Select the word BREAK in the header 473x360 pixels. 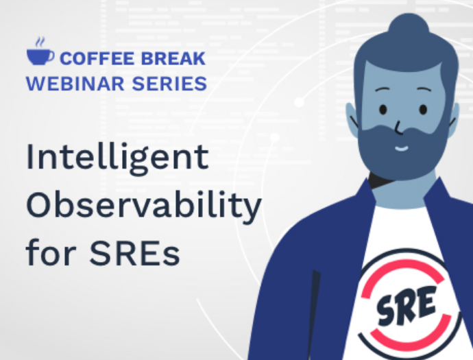tap(173, 58)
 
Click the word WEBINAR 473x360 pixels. tap(75, 84)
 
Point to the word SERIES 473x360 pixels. tap(169, 84)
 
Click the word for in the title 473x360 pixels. tap(51, 252)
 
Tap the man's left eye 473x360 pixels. tap(383, 109)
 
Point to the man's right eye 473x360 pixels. tap(423, 109)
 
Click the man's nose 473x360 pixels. tap(399, 128)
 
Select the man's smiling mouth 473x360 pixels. tap(402, 148)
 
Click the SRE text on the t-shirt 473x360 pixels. tap(407, 305)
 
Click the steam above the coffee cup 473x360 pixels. tap(40, 43)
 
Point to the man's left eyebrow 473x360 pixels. tap(383, 90)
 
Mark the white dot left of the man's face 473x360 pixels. tap(299, 102)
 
